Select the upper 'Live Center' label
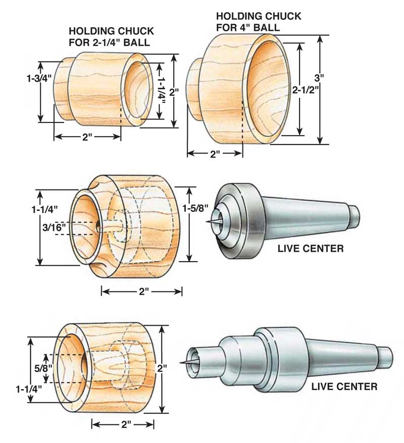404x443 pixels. click(311, 248)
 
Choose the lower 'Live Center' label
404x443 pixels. click(344, 387)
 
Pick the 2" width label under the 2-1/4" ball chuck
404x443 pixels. click(87, 137)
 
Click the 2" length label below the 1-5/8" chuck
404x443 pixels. click(141, 292)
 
